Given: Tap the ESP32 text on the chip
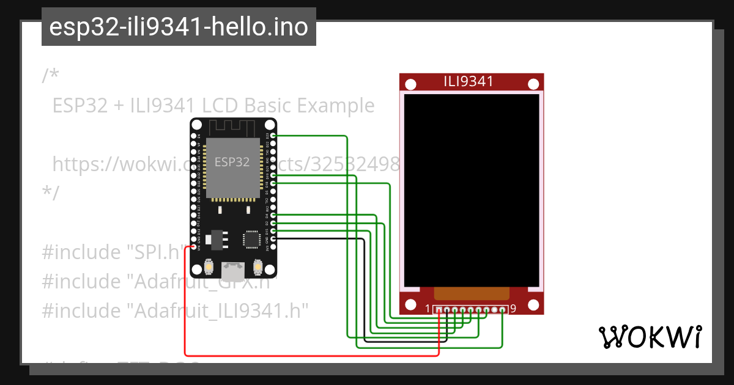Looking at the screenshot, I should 232,162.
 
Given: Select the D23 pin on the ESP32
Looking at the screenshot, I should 272,135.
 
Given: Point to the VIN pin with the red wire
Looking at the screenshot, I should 194,247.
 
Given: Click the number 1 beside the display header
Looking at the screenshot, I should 428,309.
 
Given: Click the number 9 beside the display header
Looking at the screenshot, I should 513,309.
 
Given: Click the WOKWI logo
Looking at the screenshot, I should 650,337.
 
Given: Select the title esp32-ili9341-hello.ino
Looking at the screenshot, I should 179,27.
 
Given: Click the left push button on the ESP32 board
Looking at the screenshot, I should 209,268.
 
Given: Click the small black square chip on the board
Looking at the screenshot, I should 251,239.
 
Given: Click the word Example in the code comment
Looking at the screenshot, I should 336,106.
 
